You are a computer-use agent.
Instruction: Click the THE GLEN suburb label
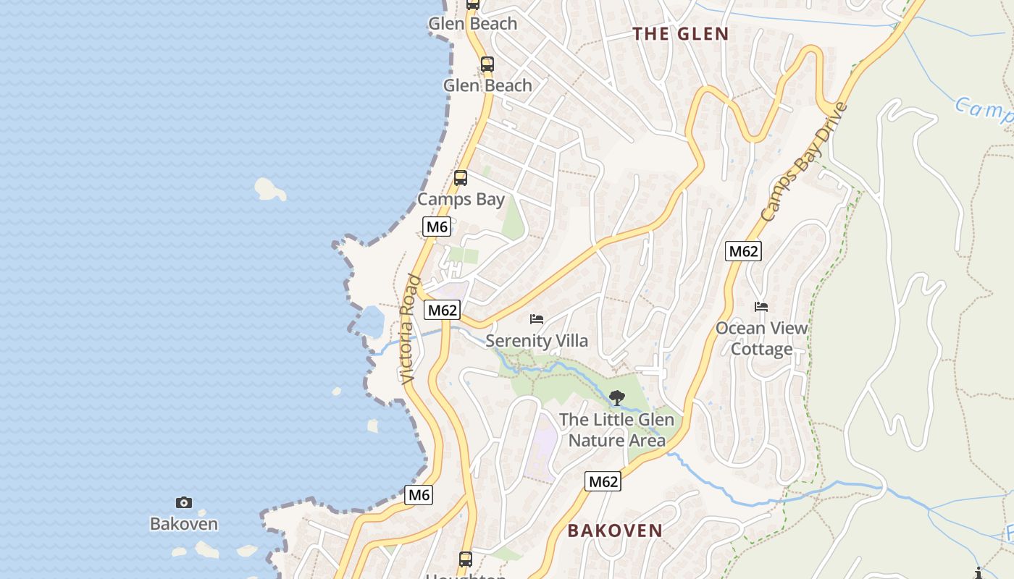(x=680, y=34)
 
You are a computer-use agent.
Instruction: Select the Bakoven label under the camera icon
(x=184, y=523)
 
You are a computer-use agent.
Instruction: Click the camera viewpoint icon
(x=184, y=502)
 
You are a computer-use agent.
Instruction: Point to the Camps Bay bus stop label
(x=461, y=199)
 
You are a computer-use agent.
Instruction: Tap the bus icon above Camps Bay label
(x=461, y=178)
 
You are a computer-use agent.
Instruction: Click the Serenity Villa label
(x=537, y=341)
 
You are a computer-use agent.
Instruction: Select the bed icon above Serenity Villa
(x=537, y=318)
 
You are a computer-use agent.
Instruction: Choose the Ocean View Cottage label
(x=761, y=338)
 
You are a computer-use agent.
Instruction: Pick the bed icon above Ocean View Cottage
(x=761, y=307)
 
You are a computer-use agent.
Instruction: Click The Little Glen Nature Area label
(x=616, y=430)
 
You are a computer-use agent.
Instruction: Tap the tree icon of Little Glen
(x=616, y=397)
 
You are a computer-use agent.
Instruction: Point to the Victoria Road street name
(x=409, y=329)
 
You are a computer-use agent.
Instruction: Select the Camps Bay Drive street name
(x=804, y=163)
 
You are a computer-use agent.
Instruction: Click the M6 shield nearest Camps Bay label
(x=437, y=227)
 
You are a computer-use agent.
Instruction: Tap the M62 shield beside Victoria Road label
(x=443, y=310)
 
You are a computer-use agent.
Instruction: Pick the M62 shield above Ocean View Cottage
(x=743, y=251)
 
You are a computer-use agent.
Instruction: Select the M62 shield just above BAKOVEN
(x=603, y=481)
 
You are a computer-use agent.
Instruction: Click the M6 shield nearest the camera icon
(x=419, y=495)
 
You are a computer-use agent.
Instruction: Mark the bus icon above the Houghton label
(x=465, y=559)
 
